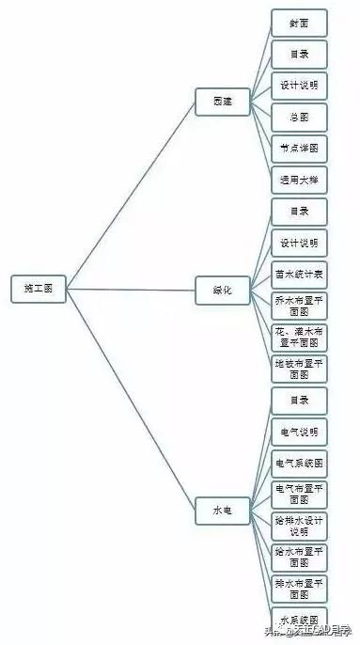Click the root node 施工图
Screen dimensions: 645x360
point(38,289)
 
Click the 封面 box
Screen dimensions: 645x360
point(299,22)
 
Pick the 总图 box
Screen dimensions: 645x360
point(299,118)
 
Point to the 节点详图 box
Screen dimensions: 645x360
point(299,149)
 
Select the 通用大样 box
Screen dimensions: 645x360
point(299,181)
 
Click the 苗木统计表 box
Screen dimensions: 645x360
point(299,275)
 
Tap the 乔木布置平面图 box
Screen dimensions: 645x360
point(299,306)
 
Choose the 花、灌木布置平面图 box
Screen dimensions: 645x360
point(299,338)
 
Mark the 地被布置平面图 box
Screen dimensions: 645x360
point(299,369)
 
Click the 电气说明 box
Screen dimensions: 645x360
point(299,433)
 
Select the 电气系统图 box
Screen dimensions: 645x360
point(299,464)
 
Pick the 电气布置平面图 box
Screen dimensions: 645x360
point(299,495)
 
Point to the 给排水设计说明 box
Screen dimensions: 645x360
point(299,526)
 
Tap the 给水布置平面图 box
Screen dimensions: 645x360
point(299,557)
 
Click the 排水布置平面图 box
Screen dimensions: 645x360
point(299,589)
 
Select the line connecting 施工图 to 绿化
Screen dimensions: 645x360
point(132,290)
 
